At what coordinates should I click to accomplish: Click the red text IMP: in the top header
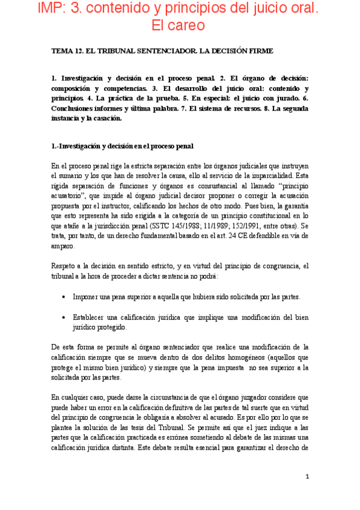(37, 9)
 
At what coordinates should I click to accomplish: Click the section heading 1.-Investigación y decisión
(122, 146)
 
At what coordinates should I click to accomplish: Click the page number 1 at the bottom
(307, 476)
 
